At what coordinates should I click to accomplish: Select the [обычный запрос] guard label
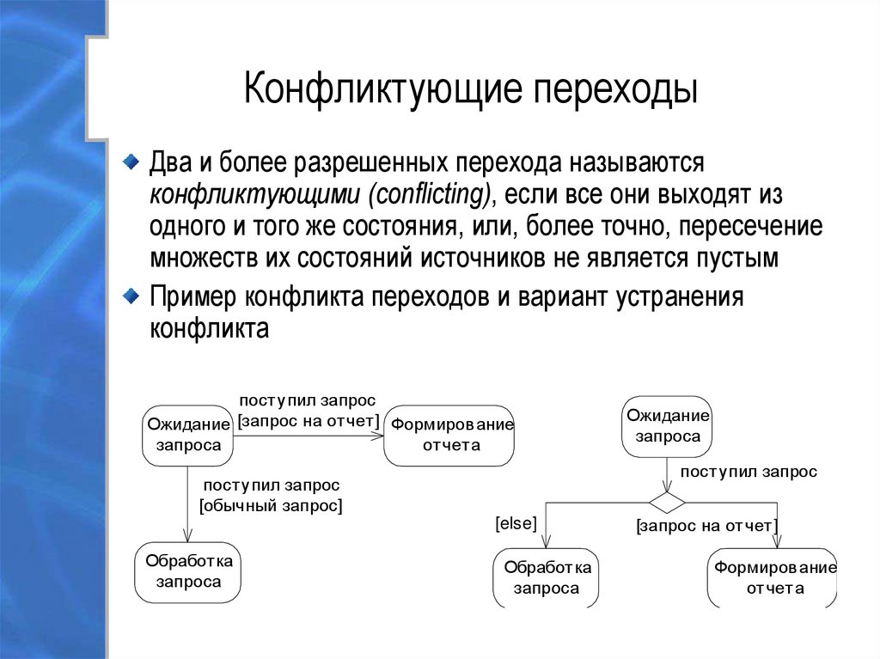(x=271, y=506)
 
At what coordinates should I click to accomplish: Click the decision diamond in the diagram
(x=667, y=500)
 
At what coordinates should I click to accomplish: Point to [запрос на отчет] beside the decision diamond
(x=706, y=526)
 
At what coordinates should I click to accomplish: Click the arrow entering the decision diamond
(x=667, y=474)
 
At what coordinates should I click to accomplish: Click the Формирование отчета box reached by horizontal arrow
(x=449, y=434)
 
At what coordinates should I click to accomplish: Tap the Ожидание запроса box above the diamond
(x=667, y=425)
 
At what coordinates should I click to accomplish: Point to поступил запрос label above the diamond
(x=749, y=472)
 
